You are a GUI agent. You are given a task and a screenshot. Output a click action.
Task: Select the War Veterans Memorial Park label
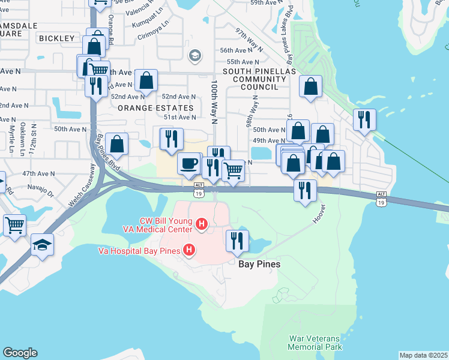pyautogui.click(x=315, y=343)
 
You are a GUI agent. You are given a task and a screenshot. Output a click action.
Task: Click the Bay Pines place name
pyautogui.click(x=259, y=264)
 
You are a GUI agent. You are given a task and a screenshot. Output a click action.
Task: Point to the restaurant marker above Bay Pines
pyautogui.click(x=237, y=241)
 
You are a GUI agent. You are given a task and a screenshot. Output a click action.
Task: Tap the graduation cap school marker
pyautogui.click(x=43, y=245)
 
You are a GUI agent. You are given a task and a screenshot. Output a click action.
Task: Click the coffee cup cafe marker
pyautogui.click(x=190, y=163)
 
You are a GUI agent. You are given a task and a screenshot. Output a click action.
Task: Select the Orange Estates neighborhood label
pyautogui.click(x=156, y=108)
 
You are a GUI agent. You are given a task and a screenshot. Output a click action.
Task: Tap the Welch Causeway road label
pyautogui.click(x=82, y=187)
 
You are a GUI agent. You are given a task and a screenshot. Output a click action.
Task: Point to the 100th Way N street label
pyautogui.click(x=214, y=99)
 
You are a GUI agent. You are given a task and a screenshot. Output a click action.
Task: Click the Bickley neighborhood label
pyautogui.click(x=56, y=38)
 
